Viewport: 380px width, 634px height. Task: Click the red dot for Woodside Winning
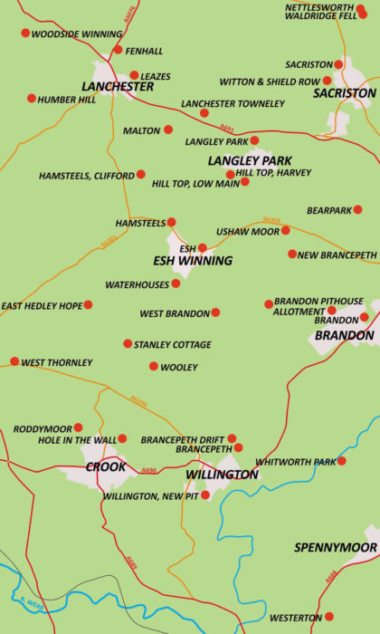25,34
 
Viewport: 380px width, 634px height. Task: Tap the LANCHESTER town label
118,87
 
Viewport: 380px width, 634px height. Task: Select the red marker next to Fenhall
118,50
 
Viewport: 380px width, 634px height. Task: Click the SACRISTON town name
345,93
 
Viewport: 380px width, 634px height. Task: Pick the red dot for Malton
167,130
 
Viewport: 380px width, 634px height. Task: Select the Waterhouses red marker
176,283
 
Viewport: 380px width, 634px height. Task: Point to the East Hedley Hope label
42,306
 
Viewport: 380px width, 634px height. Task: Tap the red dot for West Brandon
215,312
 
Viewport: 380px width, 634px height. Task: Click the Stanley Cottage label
172,345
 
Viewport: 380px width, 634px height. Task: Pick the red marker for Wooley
154,366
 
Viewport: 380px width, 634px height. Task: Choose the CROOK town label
106,467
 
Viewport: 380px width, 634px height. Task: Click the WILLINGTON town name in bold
222,475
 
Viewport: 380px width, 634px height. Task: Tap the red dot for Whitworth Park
341,461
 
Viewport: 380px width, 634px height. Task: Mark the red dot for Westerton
328,617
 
